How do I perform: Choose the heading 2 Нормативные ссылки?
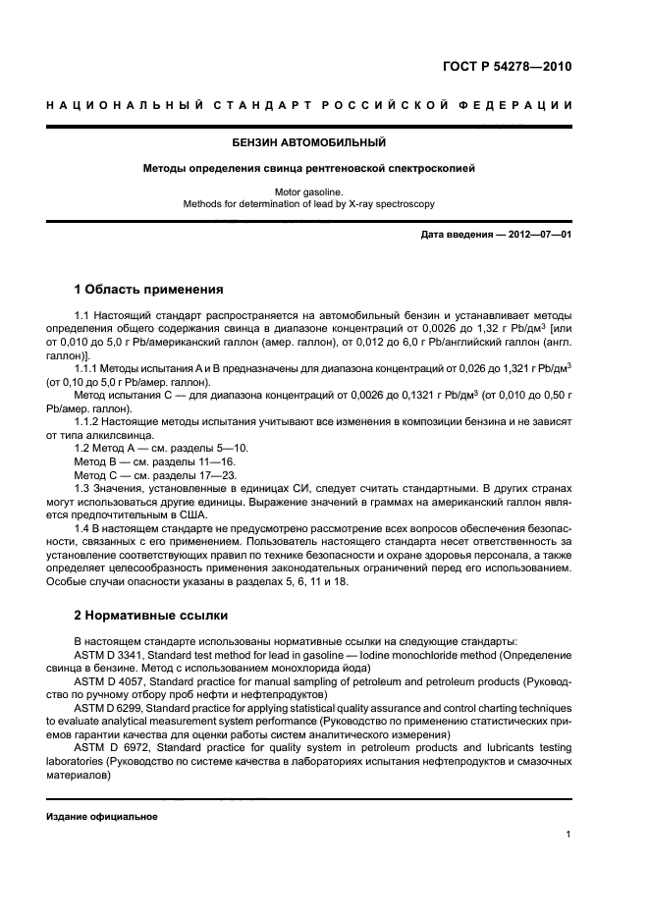pyautogui.click(x=151, y=616)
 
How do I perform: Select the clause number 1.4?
pyautogui.click(x=82, y=528)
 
